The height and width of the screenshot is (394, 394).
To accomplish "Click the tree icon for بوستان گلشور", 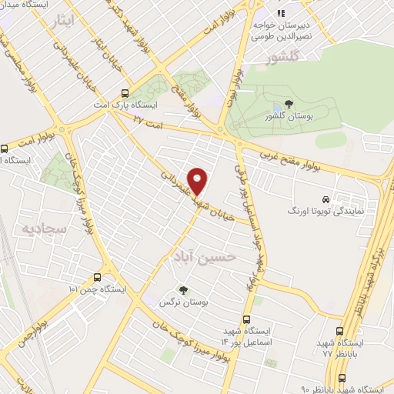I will pyautogui.click(x=289, y=105).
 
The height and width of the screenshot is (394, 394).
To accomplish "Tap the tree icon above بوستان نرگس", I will pyautogui.click(x=182, y=290).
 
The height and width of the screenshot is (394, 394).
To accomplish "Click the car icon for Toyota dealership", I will pyautogui.click(x=326, y=198).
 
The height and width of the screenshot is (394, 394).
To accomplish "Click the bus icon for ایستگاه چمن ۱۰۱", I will pyautogui.click(x=97, y=277).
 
